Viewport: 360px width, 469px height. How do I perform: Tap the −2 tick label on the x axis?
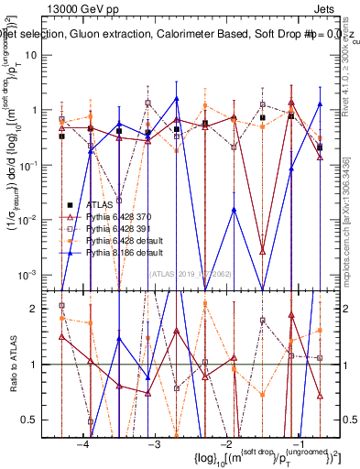click(224, 443)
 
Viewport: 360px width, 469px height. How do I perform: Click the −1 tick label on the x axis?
click(293, 443)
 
